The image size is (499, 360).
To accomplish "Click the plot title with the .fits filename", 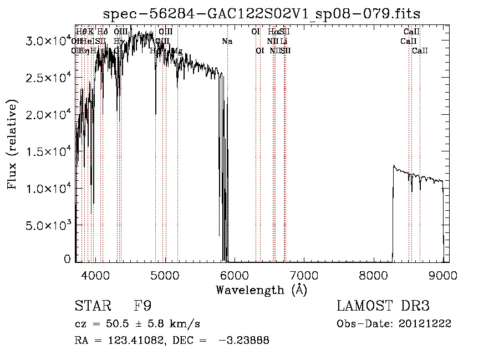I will pyautogui.click(x=263, y=13).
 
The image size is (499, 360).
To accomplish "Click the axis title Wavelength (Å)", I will pyautogui.click(x=261, y=290).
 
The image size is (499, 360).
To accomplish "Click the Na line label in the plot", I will pyautogui.click(x=227, y=42).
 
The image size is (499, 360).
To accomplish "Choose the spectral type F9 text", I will pyautogui.click(x=142, y=306).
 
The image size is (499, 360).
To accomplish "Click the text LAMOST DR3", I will pyautogui.click(x=383, y=306).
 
